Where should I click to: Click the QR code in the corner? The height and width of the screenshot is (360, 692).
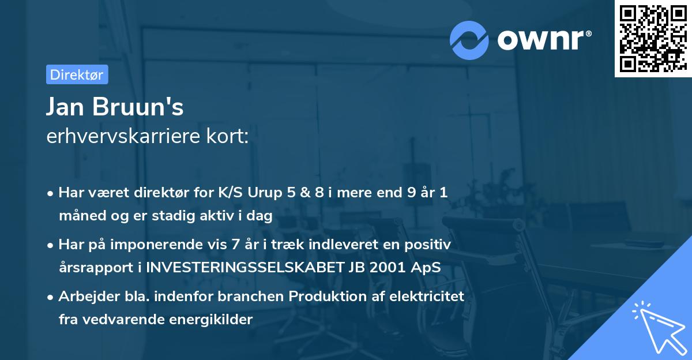point(653,39)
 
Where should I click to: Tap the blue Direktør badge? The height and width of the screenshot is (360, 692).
point(77,74)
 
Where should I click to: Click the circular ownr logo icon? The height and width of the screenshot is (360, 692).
point(468,40)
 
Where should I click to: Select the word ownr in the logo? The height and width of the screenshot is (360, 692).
point(542,40)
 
